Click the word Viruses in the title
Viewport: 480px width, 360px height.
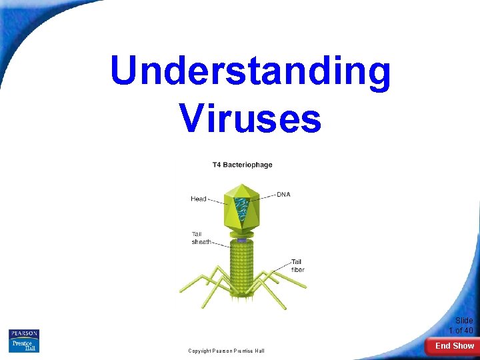pos(250,118)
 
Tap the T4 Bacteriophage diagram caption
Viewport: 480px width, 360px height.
pos(242,165)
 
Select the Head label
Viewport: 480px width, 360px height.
pos(199,199)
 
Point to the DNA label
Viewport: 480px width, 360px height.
pos(283,195)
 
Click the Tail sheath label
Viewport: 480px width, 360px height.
pos(201,238)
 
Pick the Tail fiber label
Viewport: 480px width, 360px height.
pos(297,265)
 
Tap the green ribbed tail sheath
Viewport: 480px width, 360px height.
pos(242,267)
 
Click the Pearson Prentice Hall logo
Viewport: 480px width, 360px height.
pos(24,341)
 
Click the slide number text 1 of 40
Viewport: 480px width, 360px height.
pos(461,331)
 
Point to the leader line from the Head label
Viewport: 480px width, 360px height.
pos(218,199)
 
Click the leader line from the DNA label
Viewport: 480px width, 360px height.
pos(268,195)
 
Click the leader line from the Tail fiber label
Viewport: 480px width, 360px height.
pos(283,265)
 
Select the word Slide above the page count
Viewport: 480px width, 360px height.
pos(465,321)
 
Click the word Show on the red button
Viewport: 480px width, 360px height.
pos(464,346)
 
